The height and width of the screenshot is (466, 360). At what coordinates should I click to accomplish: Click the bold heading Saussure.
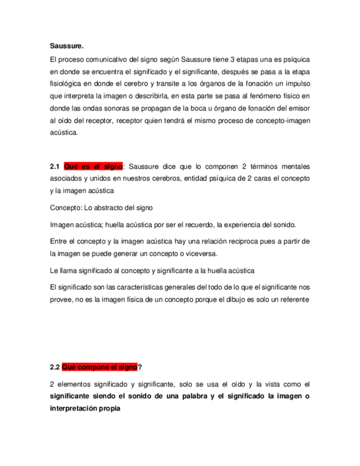(x=65, y=46)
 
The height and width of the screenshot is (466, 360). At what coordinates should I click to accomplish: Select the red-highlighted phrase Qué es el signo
(x=94, y=167)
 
